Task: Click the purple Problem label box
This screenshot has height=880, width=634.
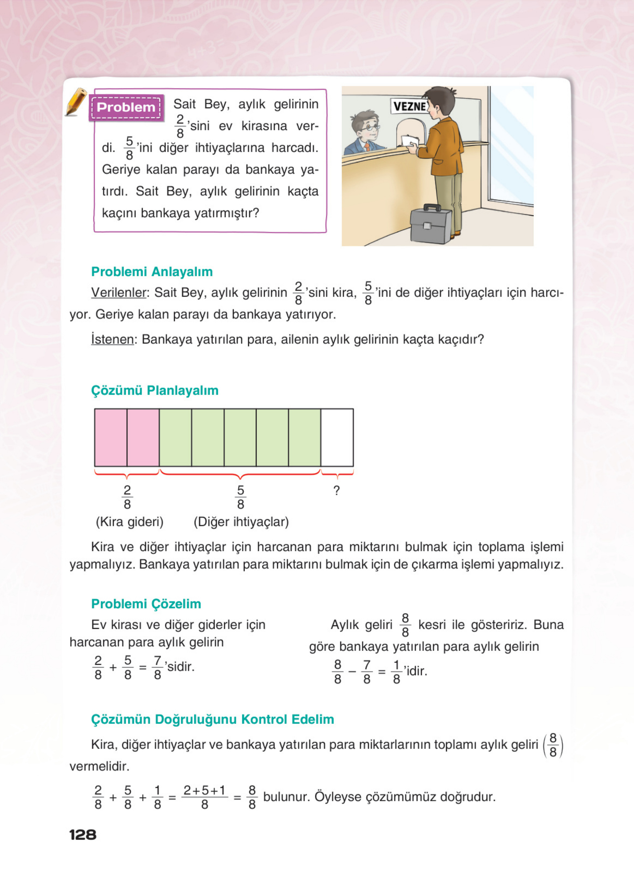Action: pos(126,107)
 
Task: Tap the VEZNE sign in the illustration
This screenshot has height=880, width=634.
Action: pos(409,106)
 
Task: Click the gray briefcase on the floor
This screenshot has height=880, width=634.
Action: pos(431,224)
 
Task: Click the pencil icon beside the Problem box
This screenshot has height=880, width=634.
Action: pos(76,102)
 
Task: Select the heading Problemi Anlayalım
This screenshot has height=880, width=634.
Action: pos(152,272)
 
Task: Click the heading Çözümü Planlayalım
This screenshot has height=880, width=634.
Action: pos(154,390)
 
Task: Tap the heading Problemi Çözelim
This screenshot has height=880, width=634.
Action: pos(146,604)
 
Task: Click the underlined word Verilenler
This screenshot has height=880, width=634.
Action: pos(119,293)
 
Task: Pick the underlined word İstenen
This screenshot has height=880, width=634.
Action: pos(112,339)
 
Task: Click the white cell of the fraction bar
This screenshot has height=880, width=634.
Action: pos(337,437)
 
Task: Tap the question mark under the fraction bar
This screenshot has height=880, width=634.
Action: pos(336,490)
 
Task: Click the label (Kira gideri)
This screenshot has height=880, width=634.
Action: pos(130,522)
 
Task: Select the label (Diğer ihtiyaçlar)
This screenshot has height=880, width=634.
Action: pos(241,522)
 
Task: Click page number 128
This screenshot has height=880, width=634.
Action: pos(83,835)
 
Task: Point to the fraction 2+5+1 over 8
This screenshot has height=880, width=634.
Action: pos(205,797)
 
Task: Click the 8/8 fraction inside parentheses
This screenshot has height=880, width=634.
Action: pos(553,745)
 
